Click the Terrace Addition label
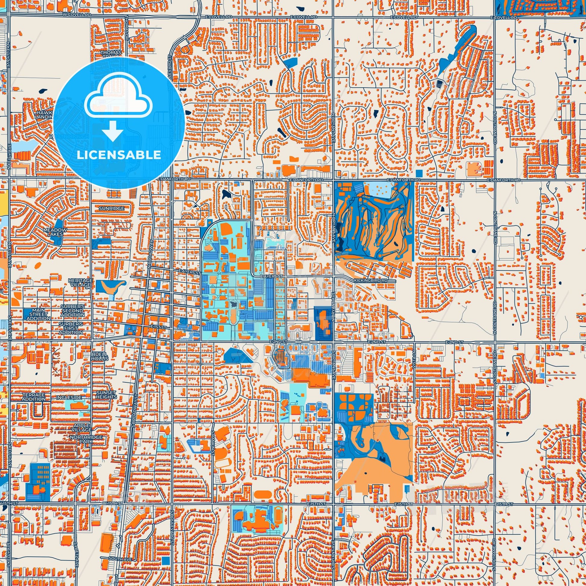(34, 397)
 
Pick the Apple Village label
(82, 428)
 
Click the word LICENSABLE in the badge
(119, 155)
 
